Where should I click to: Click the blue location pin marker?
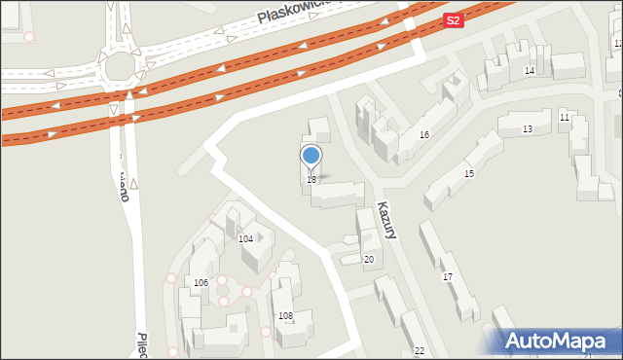pos(311,156)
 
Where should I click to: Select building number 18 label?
pos(311,180)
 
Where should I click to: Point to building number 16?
pos(424,135)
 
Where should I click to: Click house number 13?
pos(527,129)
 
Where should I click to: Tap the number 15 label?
pos(469,173)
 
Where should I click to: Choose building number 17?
pos(448,277)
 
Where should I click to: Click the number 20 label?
pos(368,260)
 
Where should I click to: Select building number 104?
pos(246,238)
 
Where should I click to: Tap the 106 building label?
pos(201,283)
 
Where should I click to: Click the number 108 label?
pos(285,316)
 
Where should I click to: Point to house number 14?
pos(530,71)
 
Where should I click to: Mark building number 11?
pos(565,117)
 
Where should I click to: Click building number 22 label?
pos(419,350)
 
